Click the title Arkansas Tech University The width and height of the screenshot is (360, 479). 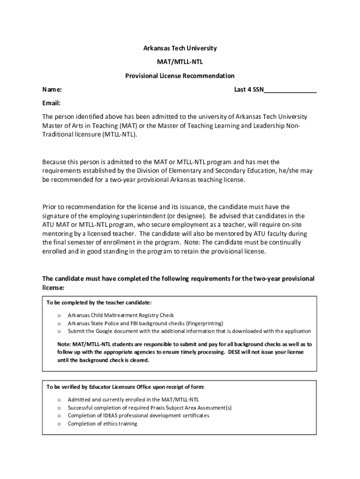180,48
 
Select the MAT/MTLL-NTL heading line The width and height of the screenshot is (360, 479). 180,62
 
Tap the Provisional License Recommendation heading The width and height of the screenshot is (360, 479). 180,76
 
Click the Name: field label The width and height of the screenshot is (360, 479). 52,89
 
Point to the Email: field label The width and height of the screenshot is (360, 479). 51,103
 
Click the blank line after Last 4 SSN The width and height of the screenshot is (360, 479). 290,90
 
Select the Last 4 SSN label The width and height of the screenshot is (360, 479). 249,89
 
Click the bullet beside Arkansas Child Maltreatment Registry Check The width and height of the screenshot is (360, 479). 59,316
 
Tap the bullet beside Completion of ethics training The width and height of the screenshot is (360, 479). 59,424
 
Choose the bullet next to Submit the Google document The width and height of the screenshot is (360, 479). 59,331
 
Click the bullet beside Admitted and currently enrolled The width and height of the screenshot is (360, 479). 59,400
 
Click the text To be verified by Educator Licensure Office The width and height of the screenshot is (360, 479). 125,387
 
